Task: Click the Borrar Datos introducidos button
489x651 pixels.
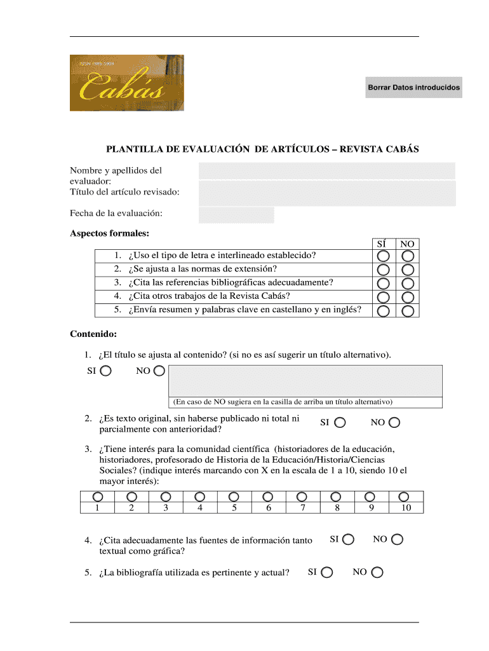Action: [x=413, y=87]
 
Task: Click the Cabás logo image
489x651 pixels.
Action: [x=126, y=83]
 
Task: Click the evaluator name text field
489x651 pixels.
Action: [x=326, y=170]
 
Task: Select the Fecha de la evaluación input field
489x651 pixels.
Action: [x=236, y=215]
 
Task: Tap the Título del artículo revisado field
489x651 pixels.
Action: [x=326, y=193]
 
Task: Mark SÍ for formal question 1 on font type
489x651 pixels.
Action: [x=384, y=256]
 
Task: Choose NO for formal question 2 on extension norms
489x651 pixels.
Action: [x=408, y=269]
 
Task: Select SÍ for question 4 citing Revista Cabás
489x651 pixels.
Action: [x=384, y=297]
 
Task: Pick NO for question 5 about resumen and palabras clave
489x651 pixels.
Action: [x=408, y=310]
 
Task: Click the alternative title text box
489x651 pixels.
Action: [x=305, y=381]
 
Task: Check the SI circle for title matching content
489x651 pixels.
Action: [x=106, y=371]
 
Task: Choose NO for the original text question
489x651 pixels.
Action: [x=394, y=422]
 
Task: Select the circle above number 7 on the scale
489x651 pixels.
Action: [x=302, y=497]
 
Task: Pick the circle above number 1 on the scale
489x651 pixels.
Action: [x=97, y=497]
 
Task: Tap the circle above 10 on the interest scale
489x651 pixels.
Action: [x=403, y=497]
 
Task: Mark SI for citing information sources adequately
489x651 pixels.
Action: [x=348, y=540]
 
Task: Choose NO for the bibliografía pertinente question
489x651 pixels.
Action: [x=377, y=572]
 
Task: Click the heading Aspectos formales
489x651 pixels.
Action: [x=109, y=234]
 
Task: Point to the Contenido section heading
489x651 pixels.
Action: [x=93, y=334]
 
